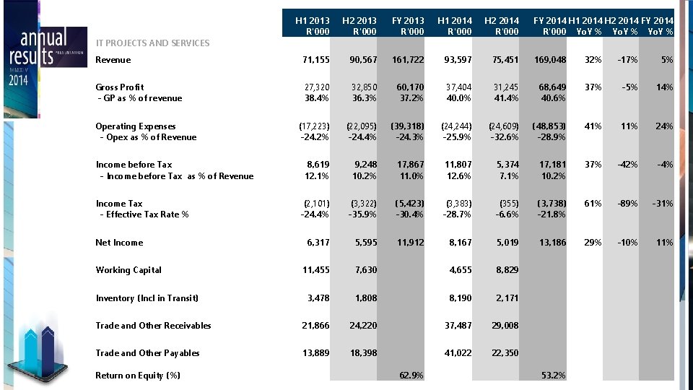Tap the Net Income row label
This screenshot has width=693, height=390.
pos(119,243)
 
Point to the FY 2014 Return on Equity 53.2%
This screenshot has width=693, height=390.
pos(552,375)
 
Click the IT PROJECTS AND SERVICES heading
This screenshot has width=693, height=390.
pos(152,43)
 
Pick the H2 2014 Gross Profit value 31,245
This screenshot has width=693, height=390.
pos(502,87)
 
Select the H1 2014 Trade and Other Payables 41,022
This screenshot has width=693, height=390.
pos(457,353)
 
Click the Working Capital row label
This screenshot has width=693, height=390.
pos(128,270)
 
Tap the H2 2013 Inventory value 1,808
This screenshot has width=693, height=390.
pos(365,298)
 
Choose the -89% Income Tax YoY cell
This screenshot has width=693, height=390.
pos(624,204)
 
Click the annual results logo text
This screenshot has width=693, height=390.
pos(36,47)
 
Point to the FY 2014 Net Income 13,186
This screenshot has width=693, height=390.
pos(552,243)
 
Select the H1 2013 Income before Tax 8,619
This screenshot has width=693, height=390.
pos(315,165)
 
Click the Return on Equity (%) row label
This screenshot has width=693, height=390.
pos(138,375)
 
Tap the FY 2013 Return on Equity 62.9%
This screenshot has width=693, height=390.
pos(411,375)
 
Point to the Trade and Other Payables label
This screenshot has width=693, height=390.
pos(147,353)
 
